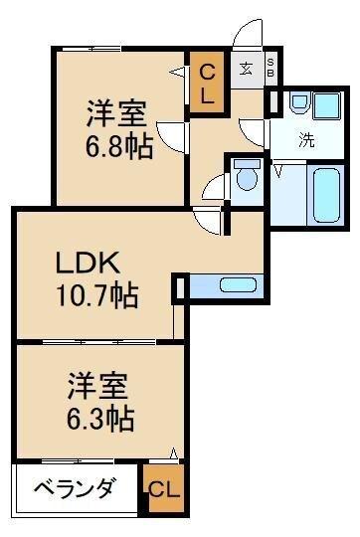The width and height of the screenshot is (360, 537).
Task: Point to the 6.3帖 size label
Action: pyautogui.click(x=101, y=415)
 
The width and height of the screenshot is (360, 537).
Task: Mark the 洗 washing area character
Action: pyautogui.click(x=307, y=139)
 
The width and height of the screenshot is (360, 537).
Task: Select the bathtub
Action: pyautogui.click(x=327, y=195)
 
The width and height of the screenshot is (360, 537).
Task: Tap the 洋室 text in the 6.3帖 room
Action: pyautogui.click(x=101, y=383)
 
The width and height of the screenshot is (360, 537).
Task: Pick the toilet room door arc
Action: pyautogui.click(x=214, y=186)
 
